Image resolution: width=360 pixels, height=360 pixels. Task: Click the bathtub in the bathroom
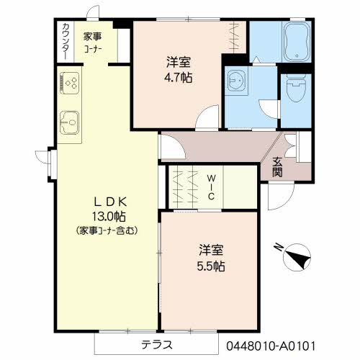(297, 42)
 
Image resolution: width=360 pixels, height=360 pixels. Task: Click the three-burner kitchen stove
(70, 83)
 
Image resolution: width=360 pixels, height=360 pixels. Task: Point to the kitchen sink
(69, 122)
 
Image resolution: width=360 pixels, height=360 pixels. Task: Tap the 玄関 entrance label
(277, 167)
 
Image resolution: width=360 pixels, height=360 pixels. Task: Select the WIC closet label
(211, 187)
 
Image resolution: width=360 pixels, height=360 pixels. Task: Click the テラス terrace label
(157, 345)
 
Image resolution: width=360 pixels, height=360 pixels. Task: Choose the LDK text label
(110, 202)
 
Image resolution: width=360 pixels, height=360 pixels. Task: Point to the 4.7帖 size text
(179, 78)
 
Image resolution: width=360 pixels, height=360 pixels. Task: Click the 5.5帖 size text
(211, 266)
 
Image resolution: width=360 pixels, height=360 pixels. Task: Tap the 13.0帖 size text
(109, 217)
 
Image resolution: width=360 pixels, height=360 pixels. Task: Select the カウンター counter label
(66, 41)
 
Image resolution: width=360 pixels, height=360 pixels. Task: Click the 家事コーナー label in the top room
(93, 43)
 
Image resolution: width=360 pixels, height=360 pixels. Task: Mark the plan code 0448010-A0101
(271, 346)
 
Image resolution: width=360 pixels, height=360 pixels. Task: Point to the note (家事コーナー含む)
(107, 230)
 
